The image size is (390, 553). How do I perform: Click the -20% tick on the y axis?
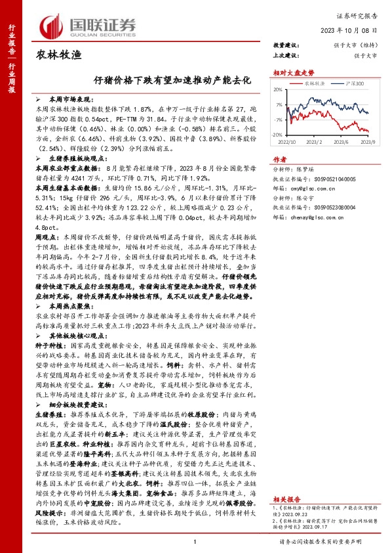click(277, 134)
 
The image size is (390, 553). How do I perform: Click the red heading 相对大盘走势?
click(289, 73)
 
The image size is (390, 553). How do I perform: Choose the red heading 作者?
click(279, 159)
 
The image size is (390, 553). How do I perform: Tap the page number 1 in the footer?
click(195, 541)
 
